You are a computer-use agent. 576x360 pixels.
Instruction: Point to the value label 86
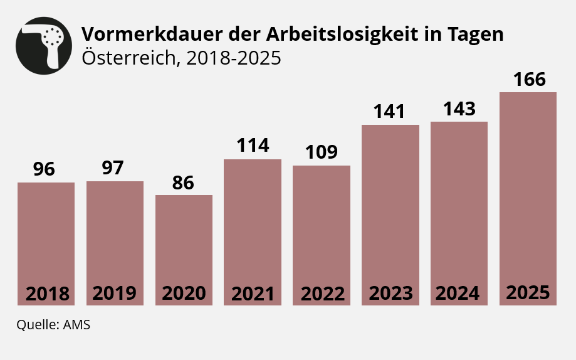184,183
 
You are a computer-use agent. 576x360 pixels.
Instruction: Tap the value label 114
253,146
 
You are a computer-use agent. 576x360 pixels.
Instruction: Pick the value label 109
322,152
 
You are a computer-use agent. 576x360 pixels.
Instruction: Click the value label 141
390,112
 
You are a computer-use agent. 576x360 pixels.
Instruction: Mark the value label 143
459,109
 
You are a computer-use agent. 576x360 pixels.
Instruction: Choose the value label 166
529,80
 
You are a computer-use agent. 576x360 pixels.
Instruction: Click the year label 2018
47,294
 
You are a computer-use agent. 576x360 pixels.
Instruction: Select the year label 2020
184,294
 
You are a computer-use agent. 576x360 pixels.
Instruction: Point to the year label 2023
390,293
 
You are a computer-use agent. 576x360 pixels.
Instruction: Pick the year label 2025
528,292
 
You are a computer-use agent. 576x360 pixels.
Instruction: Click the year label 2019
115,293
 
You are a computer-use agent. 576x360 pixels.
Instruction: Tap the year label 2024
458,293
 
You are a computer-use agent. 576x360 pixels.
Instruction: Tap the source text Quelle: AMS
53,325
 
